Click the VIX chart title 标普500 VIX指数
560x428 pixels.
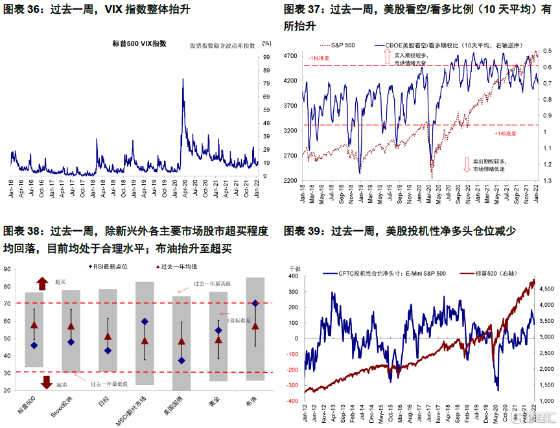pyautogui.click(x=139, y=43)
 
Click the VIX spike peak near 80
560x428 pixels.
pyautogui.click(x=183, y=80)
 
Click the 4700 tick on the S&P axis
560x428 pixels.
pyautogui.click(x=291, y=56)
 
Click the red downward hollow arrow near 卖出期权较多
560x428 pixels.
pyautogui.click(x=467, y=165)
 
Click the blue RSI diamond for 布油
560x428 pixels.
pyautogui.click(x=255, y=303)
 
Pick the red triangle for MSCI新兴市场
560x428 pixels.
pyautogui.click(x=145, y=340)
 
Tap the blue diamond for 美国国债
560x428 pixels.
pyautogui.click(x=181, y=361)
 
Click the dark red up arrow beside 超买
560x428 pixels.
pyautogui.click(x=42, y=283)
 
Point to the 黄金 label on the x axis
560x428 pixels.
pyautogui.click(x=218, y=403)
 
